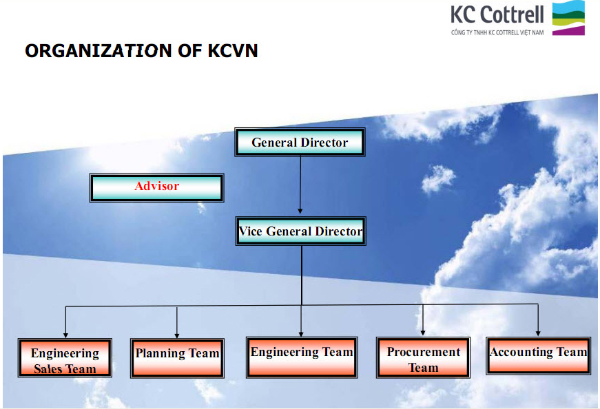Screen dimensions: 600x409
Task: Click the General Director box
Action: (x=300, y=142)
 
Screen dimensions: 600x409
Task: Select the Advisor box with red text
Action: (x=157, y=187)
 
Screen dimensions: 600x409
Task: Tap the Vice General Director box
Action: (x=301, y=231)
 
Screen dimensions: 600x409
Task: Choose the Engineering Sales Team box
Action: (x=65, y=358)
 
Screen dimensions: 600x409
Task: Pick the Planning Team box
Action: (x=177, y=358)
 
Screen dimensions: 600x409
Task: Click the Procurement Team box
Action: (x=423, y=357)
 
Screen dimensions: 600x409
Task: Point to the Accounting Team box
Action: (x=539, y=355)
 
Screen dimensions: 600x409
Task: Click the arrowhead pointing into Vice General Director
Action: (x=300, y=211)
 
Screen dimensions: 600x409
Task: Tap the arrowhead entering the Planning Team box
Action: (x=177, y=335)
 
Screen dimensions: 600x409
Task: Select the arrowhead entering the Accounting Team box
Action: (x=538, y=333)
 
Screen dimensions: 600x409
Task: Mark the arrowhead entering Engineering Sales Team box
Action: (x=65, y=335)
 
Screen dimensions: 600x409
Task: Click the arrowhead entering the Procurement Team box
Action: (x=423, y=333)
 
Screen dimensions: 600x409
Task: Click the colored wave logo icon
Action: (x=568, y=18)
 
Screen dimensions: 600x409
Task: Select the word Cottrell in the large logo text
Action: (x=512, y=14)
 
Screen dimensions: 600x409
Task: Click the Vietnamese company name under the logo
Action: (x=497, y=32)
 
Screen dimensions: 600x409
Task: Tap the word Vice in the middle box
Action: (x=249, y=231)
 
